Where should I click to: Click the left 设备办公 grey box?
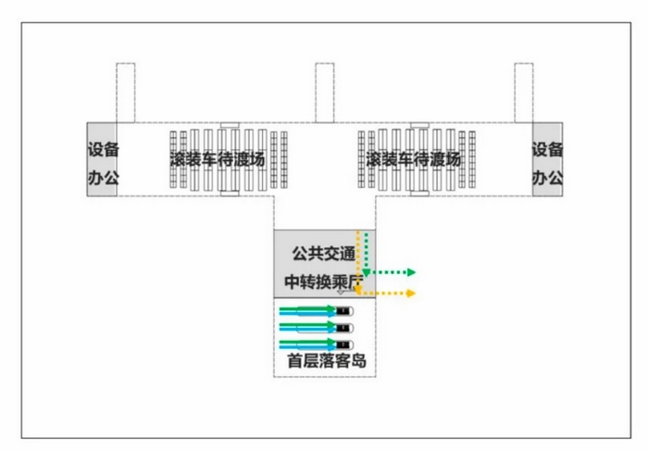click(103, 159)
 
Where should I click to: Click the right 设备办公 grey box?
click(547, 159)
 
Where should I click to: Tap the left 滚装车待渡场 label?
click(218, 159)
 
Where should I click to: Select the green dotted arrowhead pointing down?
click(368, 272)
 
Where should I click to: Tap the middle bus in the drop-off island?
click(344, 328)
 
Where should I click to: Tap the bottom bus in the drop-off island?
click(344, 345)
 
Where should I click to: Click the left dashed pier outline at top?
click(125, 92)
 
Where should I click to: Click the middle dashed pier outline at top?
click(324, 92)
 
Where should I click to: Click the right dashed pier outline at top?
click(524, 92)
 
